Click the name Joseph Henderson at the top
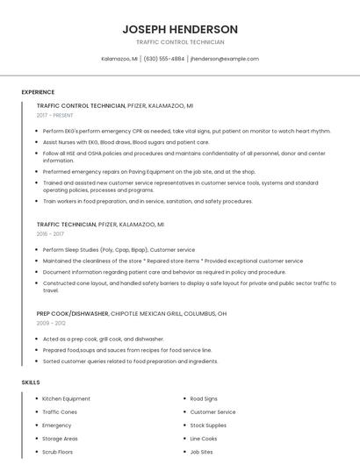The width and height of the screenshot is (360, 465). [180, 29]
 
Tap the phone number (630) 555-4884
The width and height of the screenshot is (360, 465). [164, 59]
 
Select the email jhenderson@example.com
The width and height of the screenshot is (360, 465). [225, 59]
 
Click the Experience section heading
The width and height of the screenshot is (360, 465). [38, 92]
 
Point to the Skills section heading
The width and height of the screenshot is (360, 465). [31, 383]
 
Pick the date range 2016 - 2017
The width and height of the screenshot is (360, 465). [51, 234]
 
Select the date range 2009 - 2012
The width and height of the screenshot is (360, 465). [51, 323]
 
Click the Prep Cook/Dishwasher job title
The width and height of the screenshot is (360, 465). [73, 313]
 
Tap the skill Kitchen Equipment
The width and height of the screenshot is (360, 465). [67, 399]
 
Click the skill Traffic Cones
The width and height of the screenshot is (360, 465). [60, 412]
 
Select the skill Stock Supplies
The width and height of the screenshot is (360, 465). [209, 426]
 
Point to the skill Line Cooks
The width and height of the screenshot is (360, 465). [204, 439]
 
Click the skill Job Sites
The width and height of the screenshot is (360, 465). [202, 452]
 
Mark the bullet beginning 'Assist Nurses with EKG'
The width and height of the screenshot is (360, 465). [126, 141]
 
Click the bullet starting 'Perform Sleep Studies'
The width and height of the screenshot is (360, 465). [119, 250]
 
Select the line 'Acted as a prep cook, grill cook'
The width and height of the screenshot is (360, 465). [104, 339]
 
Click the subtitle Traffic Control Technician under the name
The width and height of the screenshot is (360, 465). [180, 42]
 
